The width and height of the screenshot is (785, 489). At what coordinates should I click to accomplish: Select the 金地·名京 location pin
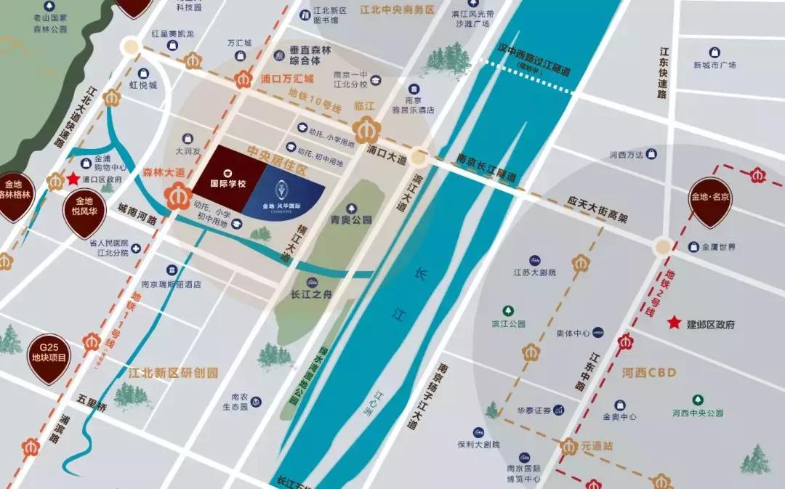tap(710, 201)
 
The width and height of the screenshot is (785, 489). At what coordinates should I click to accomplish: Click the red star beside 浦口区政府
tap(72, 179)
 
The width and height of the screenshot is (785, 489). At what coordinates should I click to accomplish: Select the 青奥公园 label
tap(351, 219)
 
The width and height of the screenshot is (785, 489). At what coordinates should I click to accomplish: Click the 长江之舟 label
tap(310, 294)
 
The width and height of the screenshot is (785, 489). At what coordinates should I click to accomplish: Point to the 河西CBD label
tap(649, 373)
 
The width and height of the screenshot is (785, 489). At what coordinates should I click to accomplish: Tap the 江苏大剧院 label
tap(534, 272)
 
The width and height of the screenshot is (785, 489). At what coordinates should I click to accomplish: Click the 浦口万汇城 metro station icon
tap(243, 79)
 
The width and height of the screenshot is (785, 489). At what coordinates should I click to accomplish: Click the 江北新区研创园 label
tap(173, 373)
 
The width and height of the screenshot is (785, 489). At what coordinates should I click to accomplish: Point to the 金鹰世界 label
tap(718, 247)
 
